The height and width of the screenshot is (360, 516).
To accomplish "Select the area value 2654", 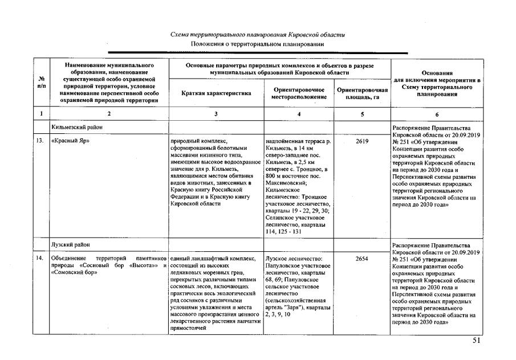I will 361,258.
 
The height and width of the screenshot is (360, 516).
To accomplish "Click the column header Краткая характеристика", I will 216,93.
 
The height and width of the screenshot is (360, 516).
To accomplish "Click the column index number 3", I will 216,114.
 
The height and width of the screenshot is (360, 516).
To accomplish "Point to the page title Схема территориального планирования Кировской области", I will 258,35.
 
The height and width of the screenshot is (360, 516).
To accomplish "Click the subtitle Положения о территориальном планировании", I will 258,44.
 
